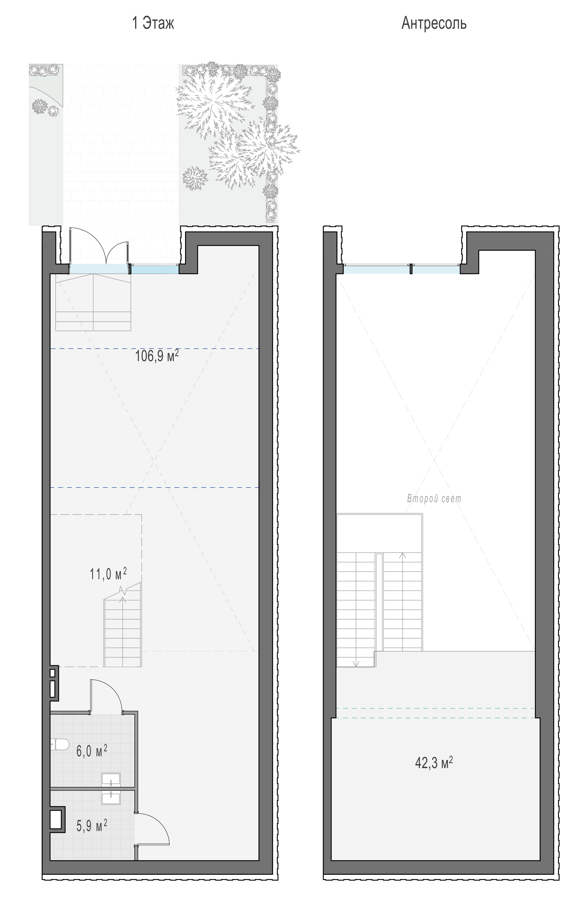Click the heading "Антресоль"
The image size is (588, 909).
tap(434, 24)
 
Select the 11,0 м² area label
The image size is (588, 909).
tap(108, 573)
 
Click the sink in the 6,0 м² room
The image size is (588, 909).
tap(111, 779)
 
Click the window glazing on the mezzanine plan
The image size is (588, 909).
tap(402, 270)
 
